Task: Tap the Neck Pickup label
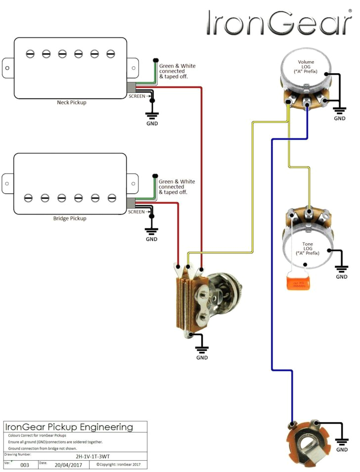coord(71,102)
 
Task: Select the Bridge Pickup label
coord(70,218)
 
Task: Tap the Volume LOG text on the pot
coord(305,66)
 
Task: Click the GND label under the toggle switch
coord(202,357)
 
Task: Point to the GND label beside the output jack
coord(342,450)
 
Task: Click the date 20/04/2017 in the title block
coord(68,465)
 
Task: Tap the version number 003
coord(25,465)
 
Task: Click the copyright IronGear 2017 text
coord(119,465)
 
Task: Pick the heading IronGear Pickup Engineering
coord(69,427)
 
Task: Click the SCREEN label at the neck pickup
coord(136,96)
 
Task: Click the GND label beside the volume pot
coord(339,118)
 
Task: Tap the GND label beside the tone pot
coord(342,277)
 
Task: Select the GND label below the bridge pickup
coord(151,239)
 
